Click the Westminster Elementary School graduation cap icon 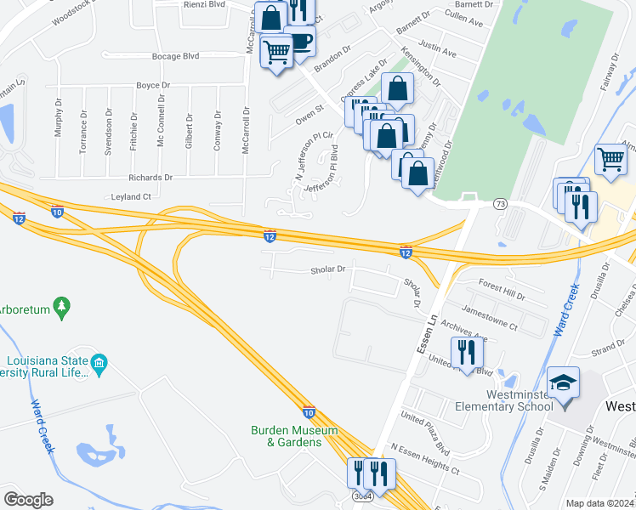click(564, 382)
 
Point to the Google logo click(28, 500)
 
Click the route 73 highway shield click(501, 204)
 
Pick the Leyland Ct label click(131, 196)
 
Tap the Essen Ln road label click(421, 332)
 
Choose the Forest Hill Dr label click(503, 287)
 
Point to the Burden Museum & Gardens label click(293, 436)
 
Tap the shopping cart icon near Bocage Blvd click(276, 53)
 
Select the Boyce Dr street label click(153, 86)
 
